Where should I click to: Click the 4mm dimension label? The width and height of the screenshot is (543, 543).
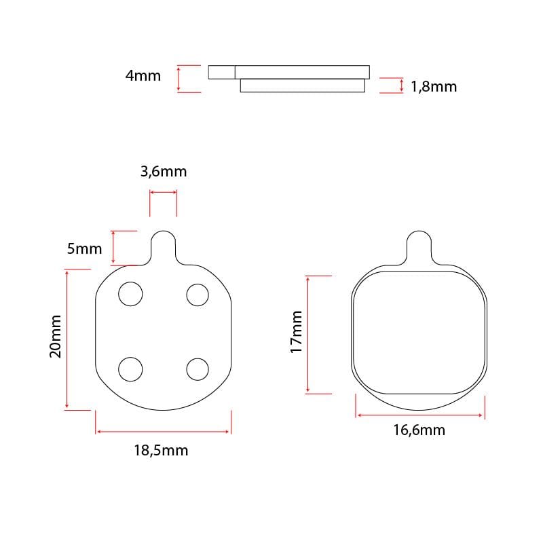[x=143, y=76]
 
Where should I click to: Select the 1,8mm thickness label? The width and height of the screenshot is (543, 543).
[x=434, y=87]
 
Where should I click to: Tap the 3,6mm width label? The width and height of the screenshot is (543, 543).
[x=164, y=172]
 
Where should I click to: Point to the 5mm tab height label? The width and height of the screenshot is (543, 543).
[x=84, y=248]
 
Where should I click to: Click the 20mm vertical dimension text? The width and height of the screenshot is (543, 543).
[x=56, y=336]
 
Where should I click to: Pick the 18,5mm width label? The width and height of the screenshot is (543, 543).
[x=161, y=451]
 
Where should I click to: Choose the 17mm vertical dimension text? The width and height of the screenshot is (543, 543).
[x=296, y=332]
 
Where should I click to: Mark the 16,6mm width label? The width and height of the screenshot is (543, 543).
[x=419, y=430]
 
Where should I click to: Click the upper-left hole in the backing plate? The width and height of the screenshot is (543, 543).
[x=130, y=294]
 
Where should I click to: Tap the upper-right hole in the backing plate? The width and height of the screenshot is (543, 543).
[x=198, y=295]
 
